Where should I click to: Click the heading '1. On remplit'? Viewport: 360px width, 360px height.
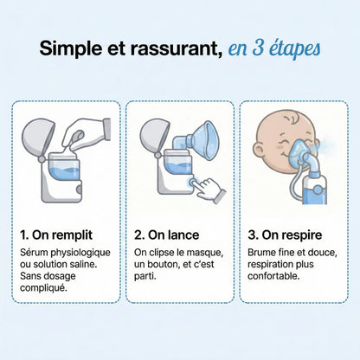coord(56,234)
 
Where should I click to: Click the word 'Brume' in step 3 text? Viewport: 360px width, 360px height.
coord(261,252)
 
